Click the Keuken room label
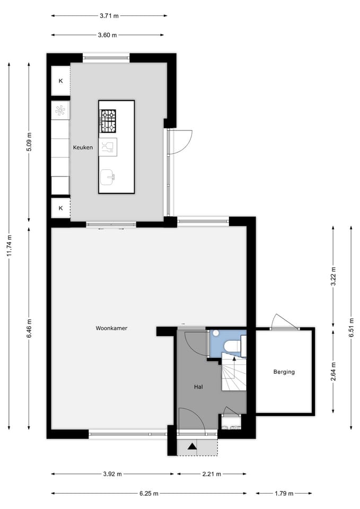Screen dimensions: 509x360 tap(83, 148)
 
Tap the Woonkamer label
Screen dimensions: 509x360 tap(111, 328)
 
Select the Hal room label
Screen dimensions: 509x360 tap(198, 387)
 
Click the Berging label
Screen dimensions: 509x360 tap(284, 372)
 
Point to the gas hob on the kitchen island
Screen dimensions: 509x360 tap(108, 121)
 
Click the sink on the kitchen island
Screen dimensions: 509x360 tap(108, 177)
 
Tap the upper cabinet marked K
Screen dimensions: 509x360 tap(60, 81)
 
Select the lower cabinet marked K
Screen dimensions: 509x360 tap(60, 208)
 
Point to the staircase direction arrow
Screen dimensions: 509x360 tap(234, 360)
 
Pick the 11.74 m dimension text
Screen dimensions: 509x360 tap(9, 245)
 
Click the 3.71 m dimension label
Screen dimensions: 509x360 tap(109, 16)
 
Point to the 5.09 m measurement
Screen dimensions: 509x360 tap(29, 142)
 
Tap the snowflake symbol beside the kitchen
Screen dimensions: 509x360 tap(60, 110)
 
